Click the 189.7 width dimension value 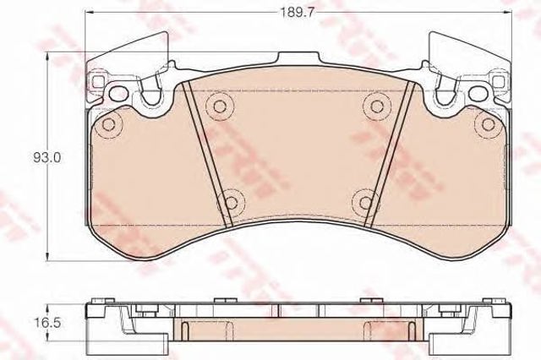tap(297, 13)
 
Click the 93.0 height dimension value tap(47, 157)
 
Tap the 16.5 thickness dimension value tap(47, 323)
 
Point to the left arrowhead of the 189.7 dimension tap(90, 13)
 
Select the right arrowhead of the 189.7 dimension tap(506, 13)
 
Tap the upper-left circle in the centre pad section tap(220, 106)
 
